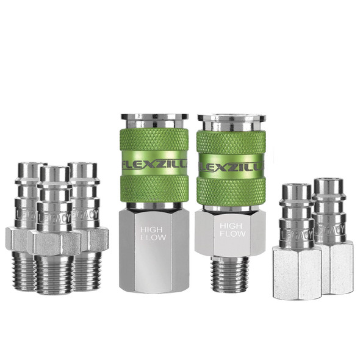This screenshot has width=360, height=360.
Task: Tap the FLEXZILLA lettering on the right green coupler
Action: point(231,167)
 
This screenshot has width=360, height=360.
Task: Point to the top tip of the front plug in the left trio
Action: point(56,173)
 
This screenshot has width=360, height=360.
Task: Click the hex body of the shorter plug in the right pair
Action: point(297,275)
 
